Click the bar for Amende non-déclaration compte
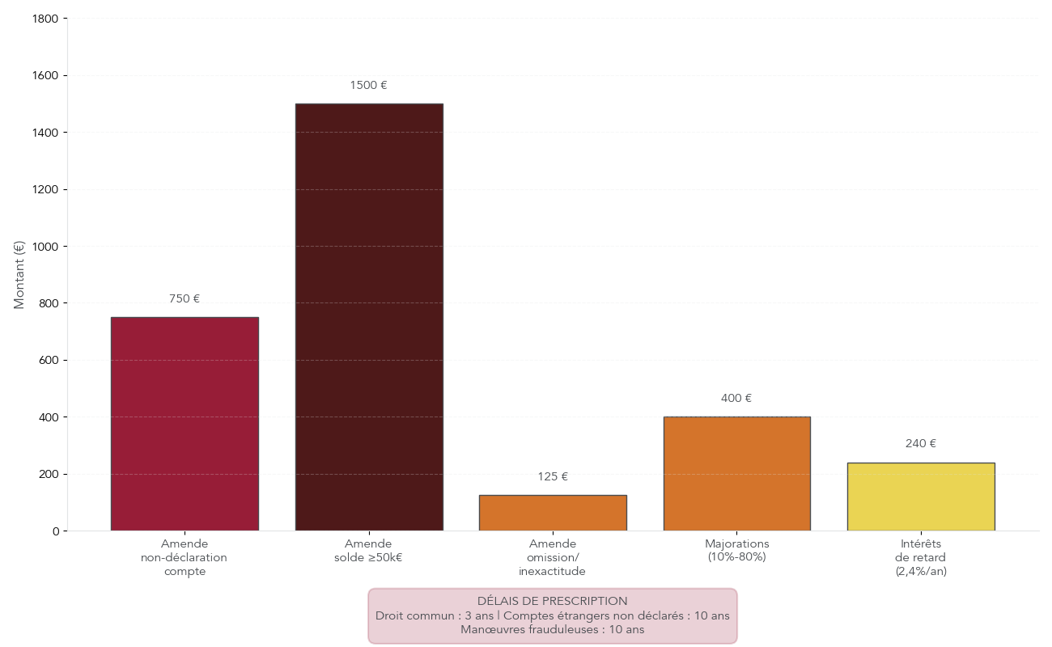[x=185, y=424]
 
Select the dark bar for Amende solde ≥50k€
[x=369, y=317]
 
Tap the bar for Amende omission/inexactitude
[x=553, y=513]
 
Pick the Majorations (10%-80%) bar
[x=736, y=474]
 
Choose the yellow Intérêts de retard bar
[x=921, y=497]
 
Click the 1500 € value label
[x=369, y=86]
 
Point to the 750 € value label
[x=185, y=299]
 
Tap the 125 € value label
[x=553, y=477]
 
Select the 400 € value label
[x=736, y=399]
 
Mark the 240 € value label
[x=921, y=444]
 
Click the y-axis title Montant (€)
[x=19, y=275]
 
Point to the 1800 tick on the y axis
[x=49, y=19]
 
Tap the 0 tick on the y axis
[x=56, y=531]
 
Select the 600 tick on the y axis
[x=51, y=361]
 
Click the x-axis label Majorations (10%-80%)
[x=736, y=551]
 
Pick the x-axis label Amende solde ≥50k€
[x=368, y=551]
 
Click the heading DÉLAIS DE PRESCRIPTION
[x=552, y=602]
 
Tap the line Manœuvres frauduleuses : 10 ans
[x=552, y=630]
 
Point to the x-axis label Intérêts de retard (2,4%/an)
[x=921, y=557]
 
